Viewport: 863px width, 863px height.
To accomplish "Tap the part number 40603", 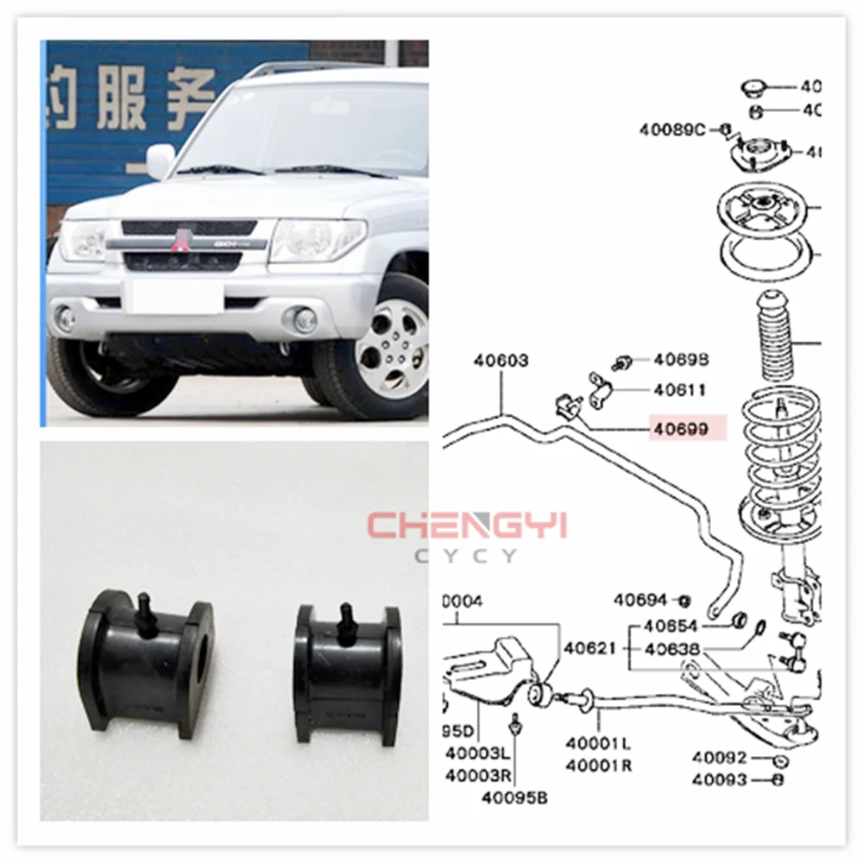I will click(x=501, y=361).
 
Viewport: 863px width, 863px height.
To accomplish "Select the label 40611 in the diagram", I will click(x=679, y=390).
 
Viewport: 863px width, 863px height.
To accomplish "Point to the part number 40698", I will click(x=681, y=359).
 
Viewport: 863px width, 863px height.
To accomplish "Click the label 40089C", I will click(x=672, y=130).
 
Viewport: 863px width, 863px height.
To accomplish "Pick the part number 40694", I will click(x=640, y=599).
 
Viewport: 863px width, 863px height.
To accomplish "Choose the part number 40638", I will click(x=671, y=648).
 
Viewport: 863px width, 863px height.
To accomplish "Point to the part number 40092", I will click(x=719, y=759).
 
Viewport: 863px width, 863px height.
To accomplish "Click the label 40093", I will click(x=719, y=780).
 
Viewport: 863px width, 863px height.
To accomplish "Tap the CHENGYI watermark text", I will click(x=466, y=526).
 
